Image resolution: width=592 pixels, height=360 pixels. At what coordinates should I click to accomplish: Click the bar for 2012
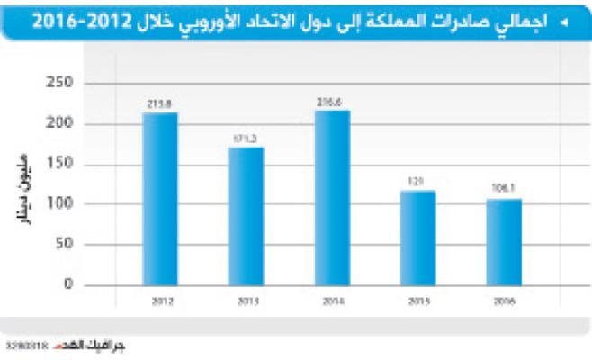point(160,198)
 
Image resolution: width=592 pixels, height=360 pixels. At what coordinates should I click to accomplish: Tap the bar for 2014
point(332,197)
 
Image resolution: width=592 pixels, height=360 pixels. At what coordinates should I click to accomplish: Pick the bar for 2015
point(417,238)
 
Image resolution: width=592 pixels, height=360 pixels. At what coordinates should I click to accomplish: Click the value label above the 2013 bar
point(246,139)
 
